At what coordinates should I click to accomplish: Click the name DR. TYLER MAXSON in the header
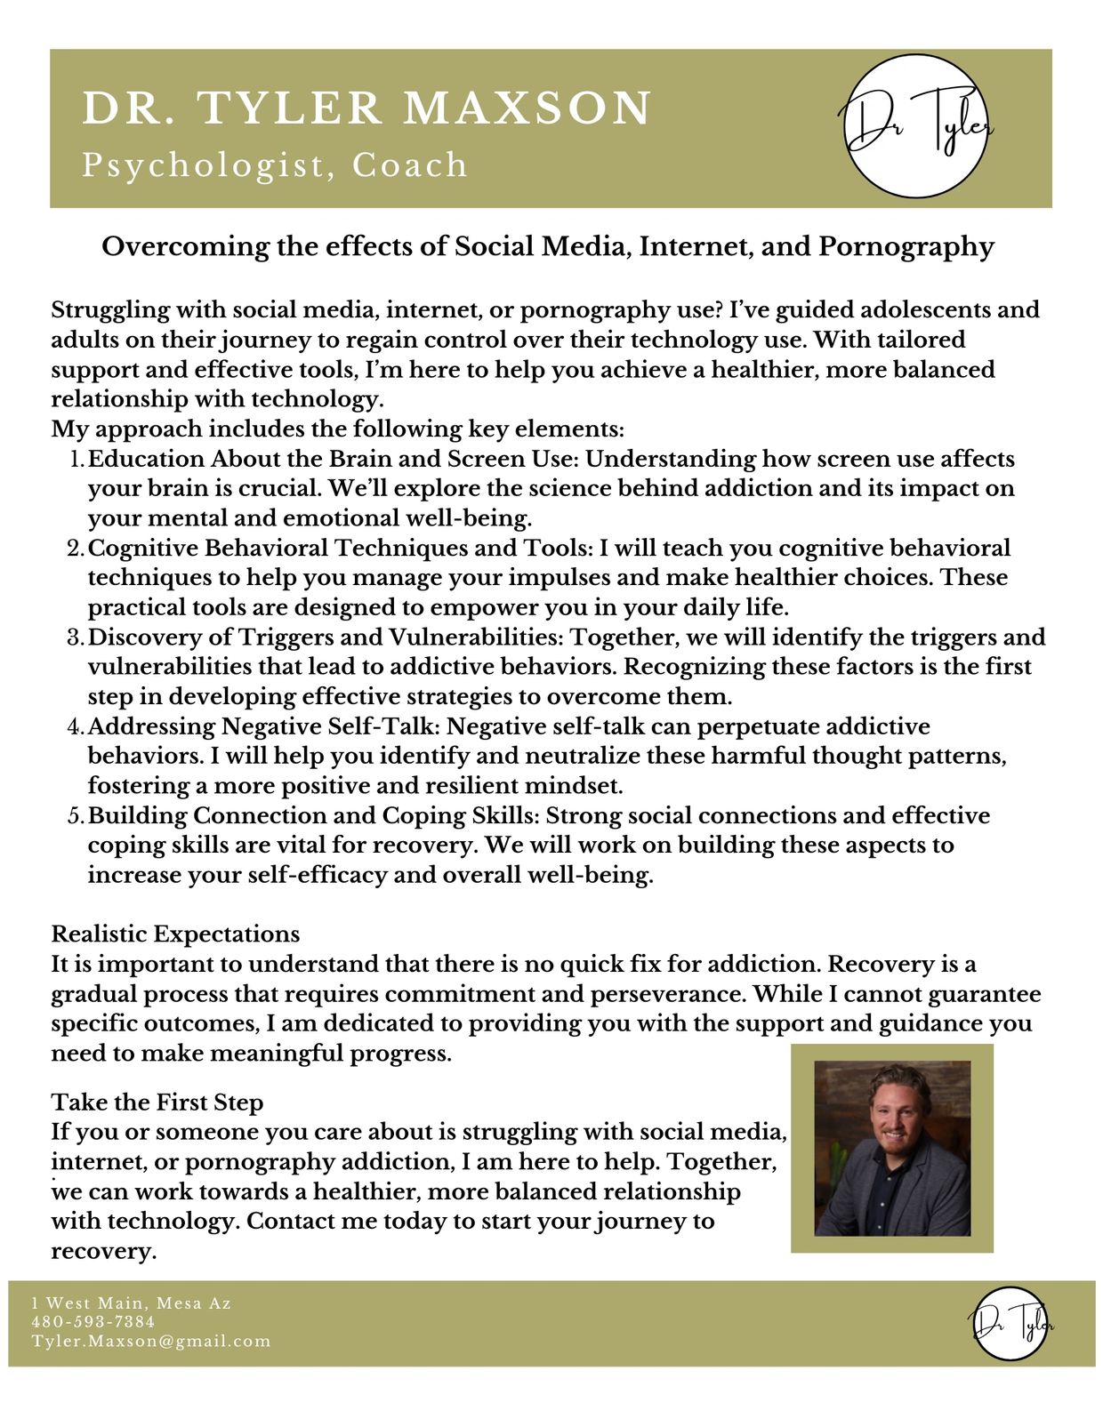367,108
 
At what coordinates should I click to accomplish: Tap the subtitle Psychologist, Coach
275,165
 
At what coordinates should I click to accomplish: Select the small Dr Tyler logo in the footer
1010,1323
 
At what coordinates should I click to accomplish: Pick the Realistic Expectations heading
175,934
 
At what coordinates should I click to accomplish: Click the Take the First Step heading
157,1102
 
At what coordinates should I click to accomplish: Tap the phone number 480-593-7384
93,1322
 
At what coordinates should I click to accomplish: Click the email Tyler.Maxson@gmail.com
151,1341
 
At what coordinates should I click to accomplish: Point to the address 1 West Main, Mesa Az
131,1303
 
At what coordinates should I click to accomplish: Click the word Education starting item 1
146,460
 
